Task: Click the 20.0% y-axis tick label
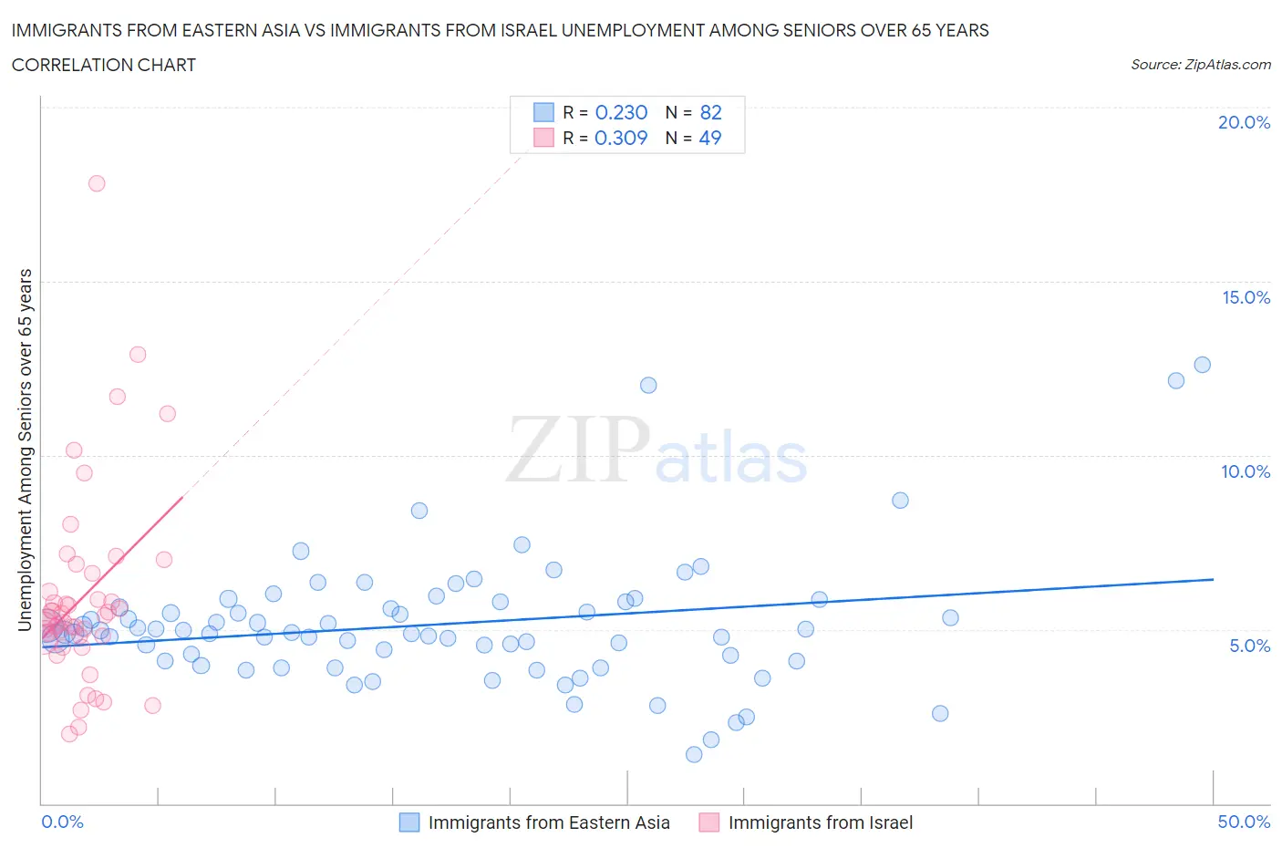click(x=1244, y=122)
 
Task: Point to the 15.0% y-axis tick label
click(x=1246, y=297)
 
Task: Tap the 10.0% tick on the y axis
click(x=1246, y=471)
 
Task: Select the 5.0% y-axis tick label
click(x=1249, y=646)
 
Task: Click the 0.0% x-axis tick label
click(x=62, y=822)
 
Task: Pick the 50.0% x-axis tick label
click(x=1244, y=822)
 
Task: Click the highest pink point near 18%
click(x=97, y=183)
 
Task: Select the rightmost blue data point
click(x=1202, y=365)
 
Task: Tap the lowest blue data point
click(x=694, y=754)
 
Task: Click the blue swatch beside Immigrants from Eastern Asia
click(x=409, y=822)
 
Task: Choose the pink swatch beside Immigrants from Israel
click(x=708, y=822)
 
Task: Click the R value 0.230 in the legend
click(x=621, y=112)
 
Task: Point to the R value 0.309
click(x=621, y=138)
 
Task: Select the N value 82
click(x=710, y=112)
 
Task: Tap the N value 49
click(x=709, y=138)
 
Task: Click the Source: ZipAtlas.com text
click(x=1200, y=65)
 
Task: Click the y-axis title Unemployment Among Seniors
click(x=26, y=450)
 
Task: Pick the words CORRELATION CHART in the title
click(x=104, y=65)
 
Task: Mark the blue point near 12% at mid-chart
click(x=648, y=385)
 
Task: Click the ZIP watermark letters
click(x=578, y=450)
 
